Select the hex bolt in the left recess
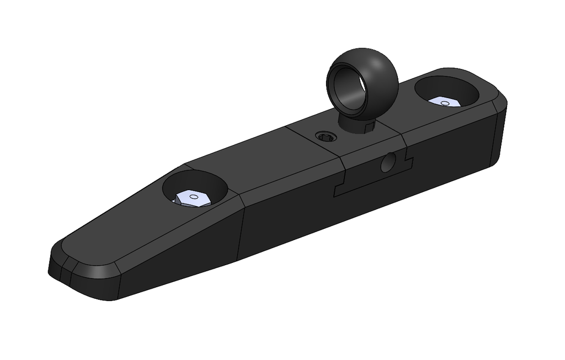[x=190, y=198]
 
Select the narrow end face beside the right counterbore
[x=500, y=135]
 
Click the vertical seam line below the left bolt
[x=242, y=232]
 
